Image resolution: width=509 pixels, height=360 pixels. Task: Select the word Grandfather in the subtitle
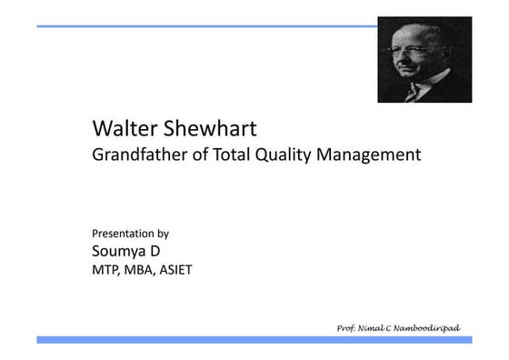point(137,155)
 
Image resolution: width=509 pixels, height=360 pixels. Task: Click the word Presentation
point(124,233)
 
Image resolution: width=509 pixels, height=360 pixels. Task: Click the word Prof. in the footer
point(345,326)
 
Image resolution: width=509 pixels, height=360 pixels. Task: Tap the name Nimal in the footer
point(370,326)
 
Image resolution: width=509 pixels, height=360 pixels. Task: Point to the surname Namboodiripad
point(428,326)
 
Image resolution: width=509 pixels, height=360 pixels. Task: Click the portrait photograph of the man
point(424,59)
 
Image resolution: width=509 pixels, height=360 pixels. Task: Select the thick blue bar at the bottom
point(254,339)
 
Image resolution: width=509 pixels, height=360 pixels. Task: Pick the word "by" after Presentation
point(163,234)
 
